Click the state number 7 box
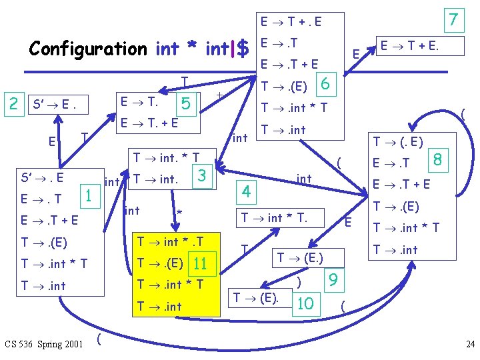[453, 20]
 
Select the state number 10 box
[305, 303]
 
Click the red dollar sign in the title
[243, 49]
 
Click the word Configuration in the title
[87, 49]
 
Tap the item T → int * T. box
[283, 217]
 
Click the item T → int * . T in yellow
[169, 241]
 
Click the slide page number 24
[469, 345]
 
